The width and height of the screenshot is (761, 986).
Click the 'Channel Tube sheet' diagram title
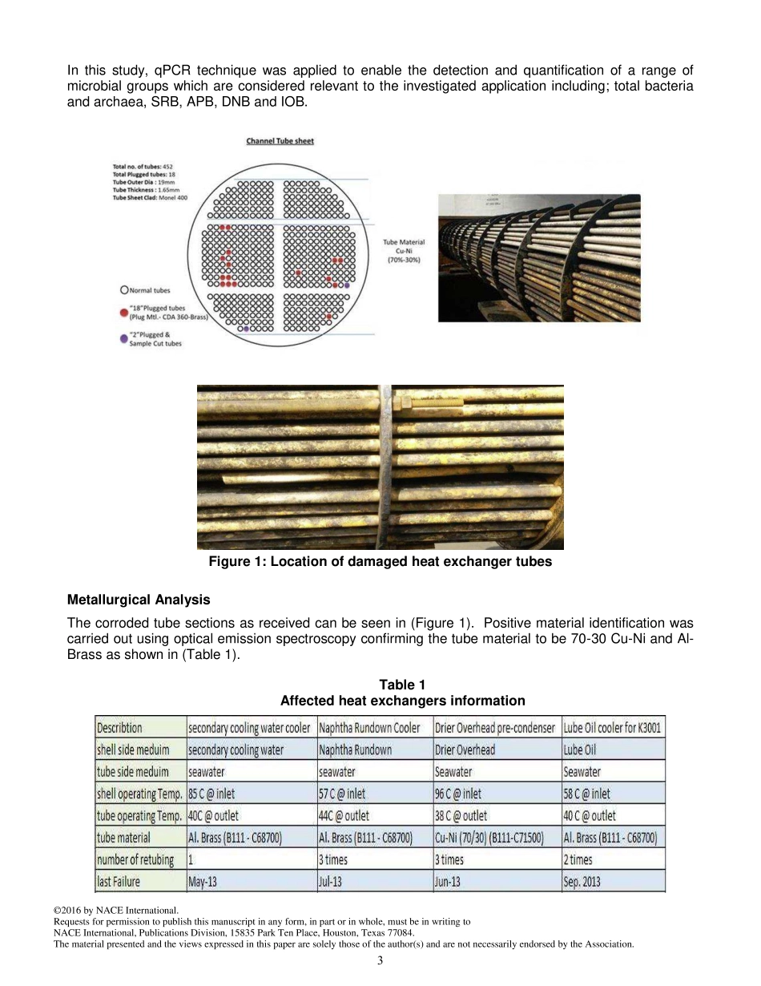[x=280, y=141]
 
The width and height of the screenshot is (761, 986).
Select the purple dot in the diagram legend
[x=123, y=339]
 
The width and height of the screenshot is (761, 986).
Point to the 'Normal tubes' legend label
[x=150, y=290]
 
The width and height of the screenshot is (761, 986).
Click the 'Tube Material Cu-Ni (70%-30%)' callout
[x=404, y=251]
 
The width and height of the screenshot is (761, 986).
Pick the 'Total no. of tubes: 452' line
[x=143, y=167]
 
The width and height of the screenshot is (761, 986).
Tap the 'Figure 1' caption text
[x=380, y=562]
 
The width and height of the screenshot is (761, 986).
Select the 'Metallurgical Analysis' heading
[x=139, y=600]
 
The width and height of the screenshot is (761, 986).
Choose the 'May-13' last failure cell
[x=203, y=882]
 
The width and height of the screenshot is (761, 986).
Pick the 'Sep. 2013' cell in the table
[x=582, y=882]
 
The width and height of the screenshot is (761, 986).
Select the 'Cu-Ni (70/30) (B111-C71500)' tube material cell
[x=489, y=838]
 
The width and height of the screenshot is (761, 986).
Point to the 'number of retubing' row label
[x=135, y=860]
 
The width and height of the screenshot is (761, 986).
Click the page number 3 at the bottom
[x=380, y=961]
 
